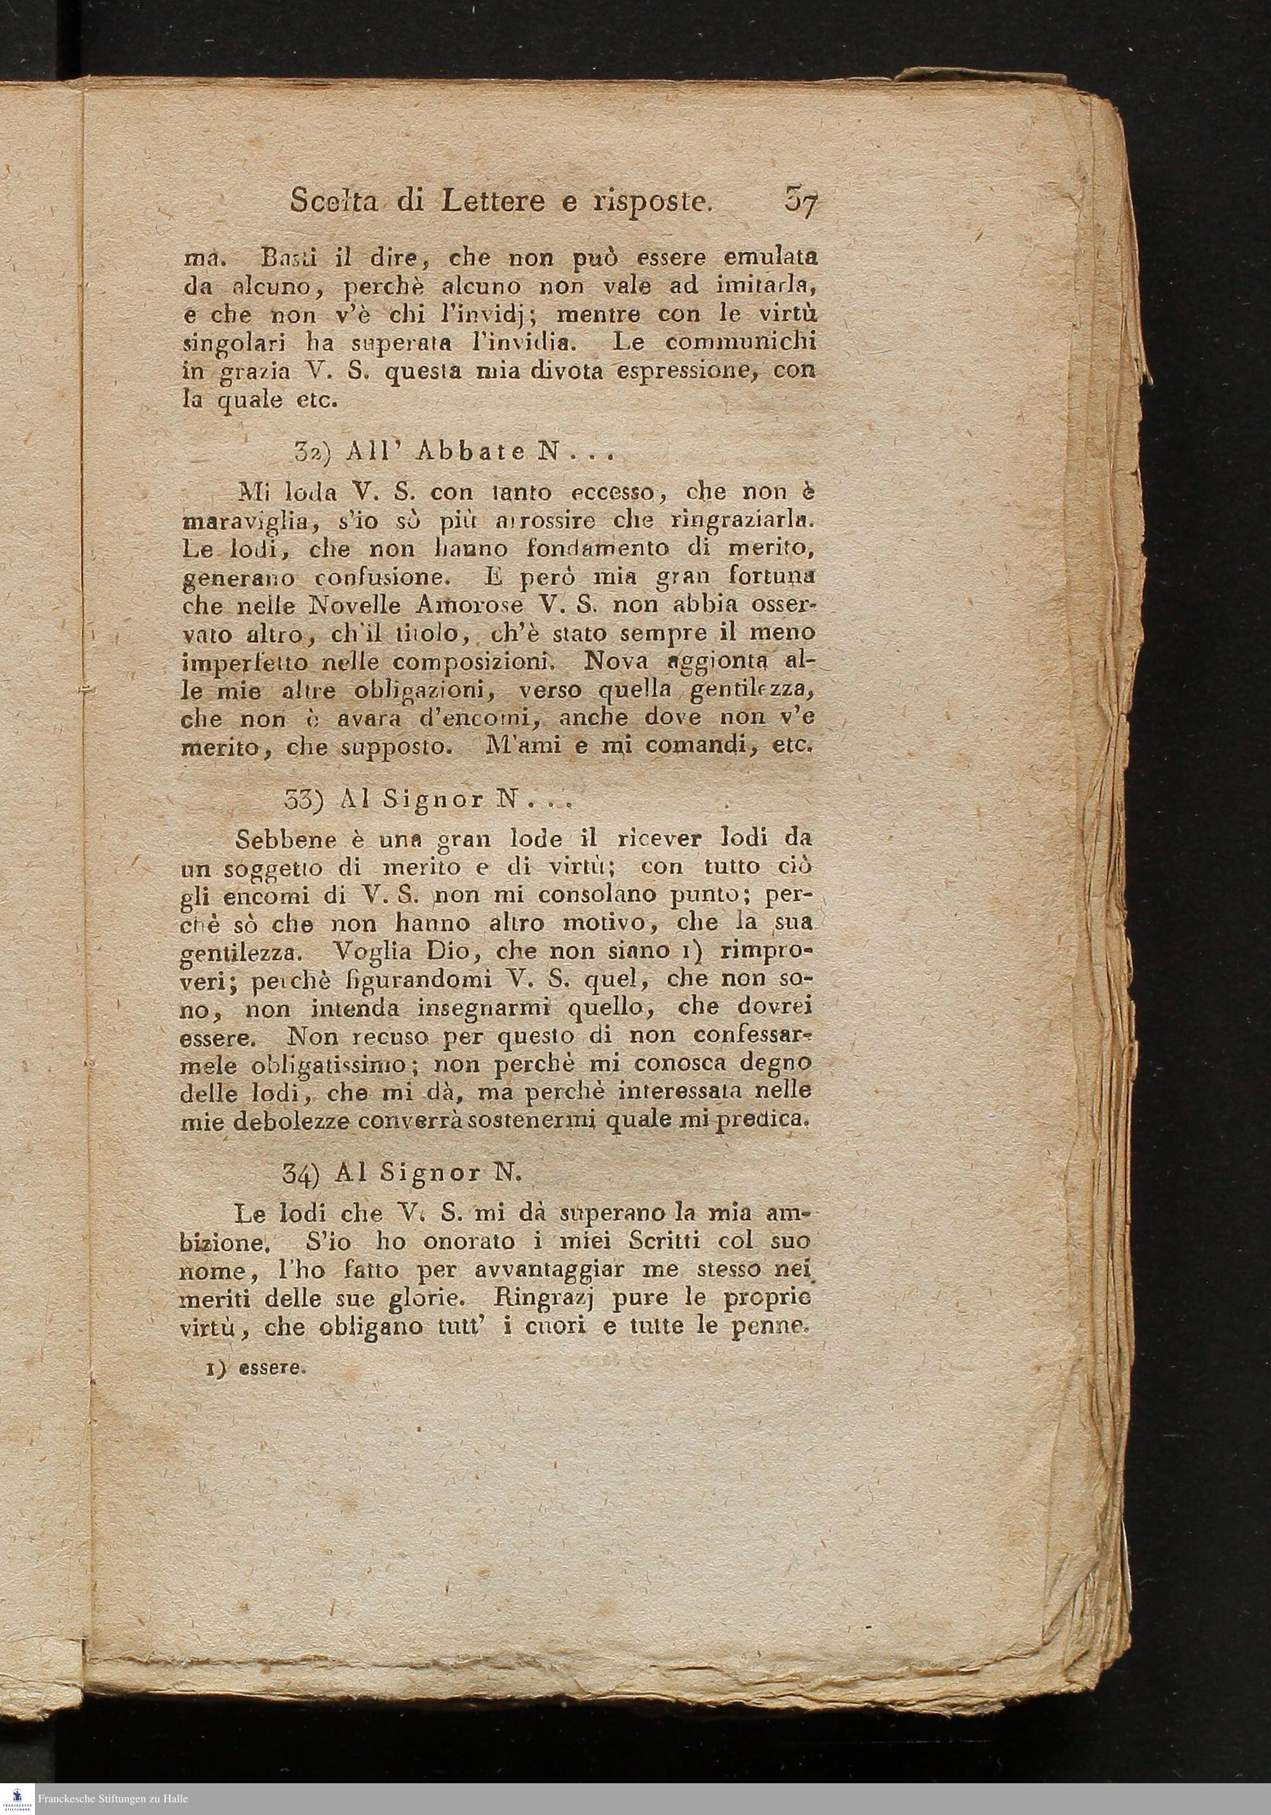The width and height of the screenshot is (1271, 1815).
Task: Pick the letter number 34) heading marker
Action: click(x=301, y=1173)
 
